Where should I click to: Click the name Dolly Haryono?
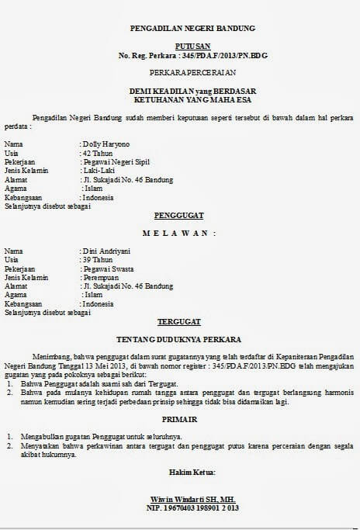[106, 144]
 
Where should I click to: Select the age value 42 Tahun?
[97, 154]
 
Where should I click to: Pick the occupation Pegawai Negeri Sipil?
[116, 162]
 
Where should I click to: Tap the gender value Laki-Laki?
[99, 171]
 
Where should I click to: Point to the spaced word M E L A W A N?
[179, 233]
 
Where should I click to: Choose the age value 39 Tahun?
[97, 260]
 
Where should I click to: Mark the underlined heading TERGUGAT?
[179, 320]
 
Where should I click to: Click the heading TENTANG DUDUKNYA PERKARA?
[179, 339]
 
